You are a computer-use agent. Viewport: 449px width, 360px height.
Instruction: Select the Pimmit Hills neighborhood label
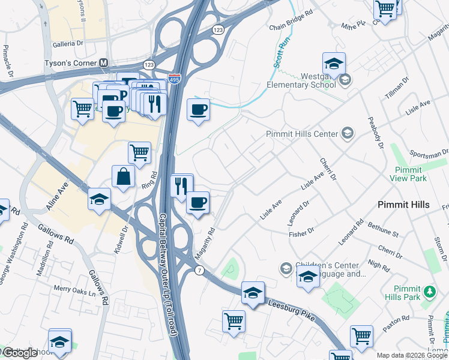403,205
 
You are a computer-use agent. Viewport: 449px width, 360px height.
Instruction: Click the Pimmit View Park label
411,174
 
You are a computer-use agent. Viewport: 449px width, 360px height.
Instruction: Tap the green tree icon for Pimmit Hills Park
429,292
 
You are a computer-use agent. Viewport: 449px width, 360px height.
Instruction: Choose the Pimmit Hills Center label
303,133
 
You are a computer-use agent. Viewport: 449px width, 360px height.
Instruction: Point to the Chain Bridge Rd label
291,28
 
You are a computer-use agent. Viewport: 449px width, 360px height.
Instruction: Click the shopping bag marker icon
123,177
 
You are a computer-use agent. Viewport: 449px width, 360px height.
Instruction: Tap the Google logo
20,353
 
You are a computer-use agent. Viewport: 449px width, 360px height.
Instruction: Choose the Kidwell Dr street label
120,239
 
